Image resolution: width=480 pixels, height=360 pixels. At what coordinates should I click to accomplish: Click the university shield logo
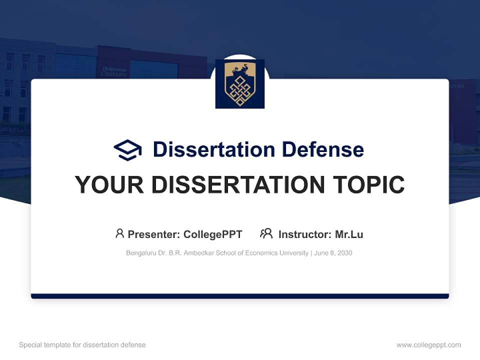pyautogui.click(x=240, y=84)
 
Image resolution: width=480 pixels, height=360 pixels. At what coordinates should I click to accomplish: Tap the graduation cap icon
pyautogui.click(x=127, y=150)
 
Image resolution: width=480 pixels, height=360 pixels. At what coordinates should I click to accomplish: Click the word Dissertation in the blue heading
pyautogui.click(x=214, y=149)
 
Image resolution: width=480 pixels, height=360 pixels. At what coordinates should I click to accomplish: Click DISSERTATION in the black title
pyautogui.click(x=237, y=185)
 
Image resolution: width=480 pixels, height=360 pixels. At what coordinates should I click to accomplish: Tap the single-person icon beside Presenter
pyautogui.click(x=119, y=233)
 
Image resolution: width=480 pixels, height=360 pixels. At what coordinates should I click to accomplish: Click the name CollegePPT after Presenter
pyautogui.click(x=213, y=234)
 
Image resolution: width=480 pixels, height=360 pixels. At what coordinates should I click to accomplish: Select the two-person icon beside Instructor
pyautogui.click(x=266, y=233)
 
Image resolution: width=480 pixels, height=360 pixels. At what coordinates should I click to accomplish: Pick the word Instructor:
pyautogui.click(x=304, y=234)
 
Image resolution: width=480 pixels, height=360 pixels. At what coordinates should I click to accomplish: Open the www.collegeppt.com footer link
pyautogui.click(x=428, y=345)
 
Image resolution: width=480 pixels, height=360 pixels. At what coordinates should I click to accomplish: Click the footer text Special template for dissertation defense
pyautogui.click(x=82, y=345)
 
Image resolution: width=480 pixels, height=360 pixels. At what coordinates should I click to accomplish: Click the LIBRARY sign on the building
pyautogui.click(x=113, y=73)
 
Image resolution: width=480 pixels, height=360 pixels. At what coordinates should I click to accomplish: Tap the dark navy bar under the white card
pyautogui.click(x=240, y=296)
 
